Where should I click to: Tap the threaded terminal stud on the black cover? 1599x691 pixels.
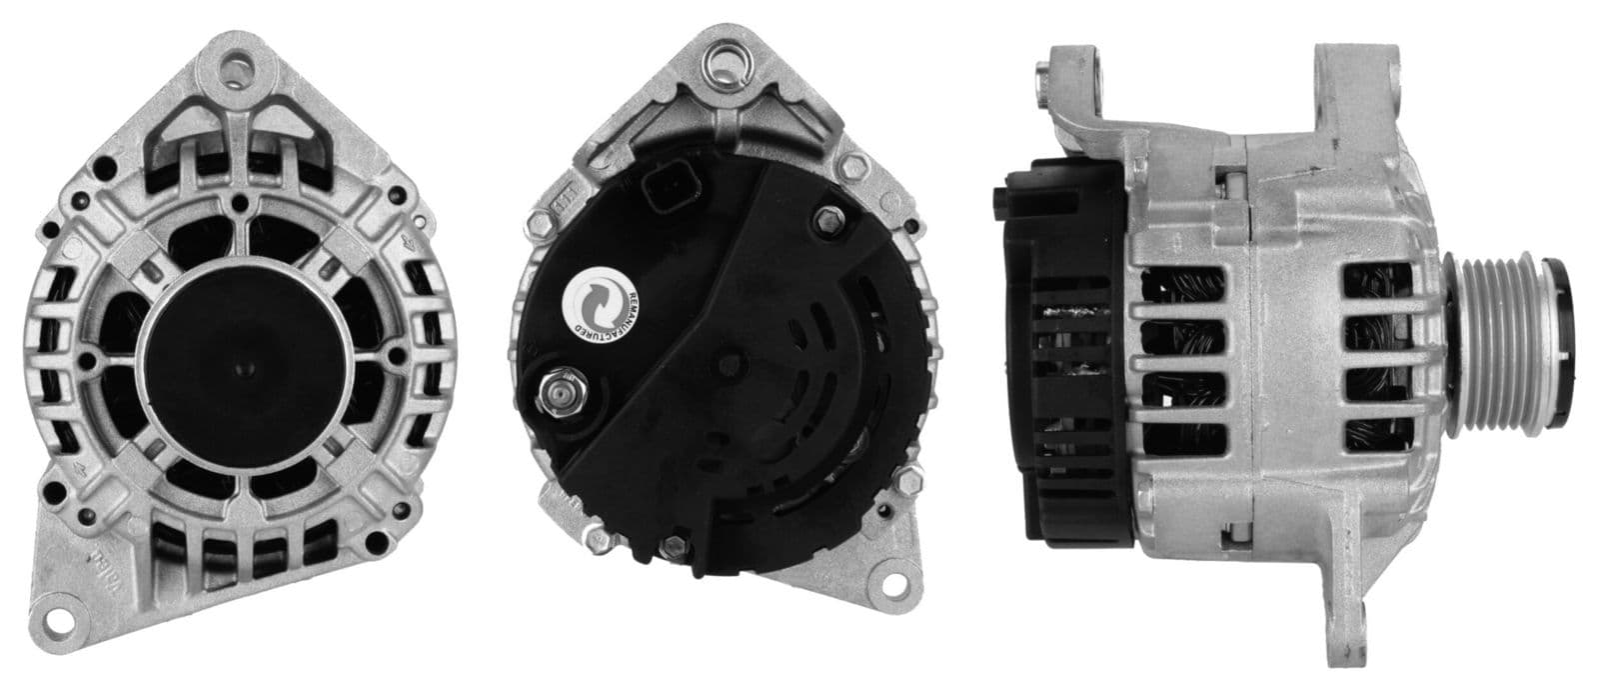(557, 392)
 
